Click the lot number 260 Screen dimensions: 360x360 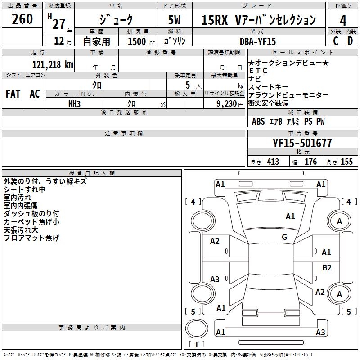[x=22, y=19]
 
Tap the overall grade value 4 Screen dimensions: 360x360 [x=343, y=20]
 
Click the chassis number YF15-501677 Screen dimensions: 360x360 [x=302, y=143]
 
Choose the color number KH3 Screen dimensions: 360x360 [x=74, y=103]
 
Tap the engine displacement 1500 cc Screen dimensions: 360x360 [x=136, y=41]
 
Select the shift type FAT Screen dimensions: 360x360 [x=13, y=94]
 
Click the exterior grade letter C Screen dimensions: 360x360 [x=336, y=41]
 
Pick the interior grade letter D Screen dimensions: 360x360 [x=350, y=41]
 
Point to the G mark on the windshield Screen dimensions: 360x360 [x=284, y=237]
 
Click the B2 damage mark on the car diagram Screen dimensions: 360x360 [x=327, y=267]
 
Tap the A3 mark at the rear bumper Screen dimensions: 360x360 [x=320, y=332]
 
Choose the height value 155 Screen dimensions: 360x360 [x=346, y=162]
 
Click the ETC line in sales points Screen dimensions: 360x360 [x=258, y=71]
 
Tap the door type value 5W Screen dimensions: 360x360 [x=175, y=20]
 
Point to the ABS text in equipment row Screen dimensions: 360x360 [x=258, y=121]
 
